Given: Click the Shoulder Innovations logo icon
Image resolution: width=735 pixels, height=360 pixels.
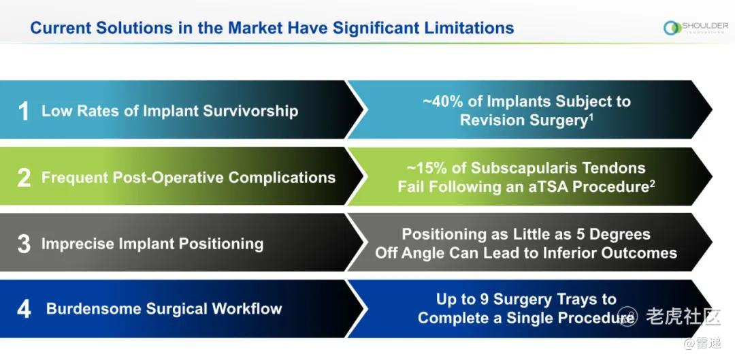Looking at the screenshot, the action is [672, 28].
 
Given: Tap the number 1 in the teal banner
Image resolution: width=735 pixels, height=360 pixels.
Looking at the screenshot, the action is [23, 112].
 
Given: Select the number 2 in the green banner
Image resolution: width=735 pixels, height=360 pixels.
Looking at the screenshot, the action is [24, 178].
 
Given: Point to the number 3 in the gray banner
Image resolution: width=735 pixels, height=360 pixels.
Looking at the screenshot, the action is [24, 244].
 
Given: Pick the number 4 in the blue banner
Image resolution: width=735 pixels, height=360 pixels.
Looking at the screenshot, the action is [24, 310].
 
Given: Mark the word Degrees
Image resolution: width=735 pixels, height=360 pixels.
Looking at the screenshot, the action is [620, 234].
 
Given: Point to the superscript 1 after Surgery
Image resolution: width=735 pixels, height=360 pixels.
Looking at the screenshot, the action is [591, 116].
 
